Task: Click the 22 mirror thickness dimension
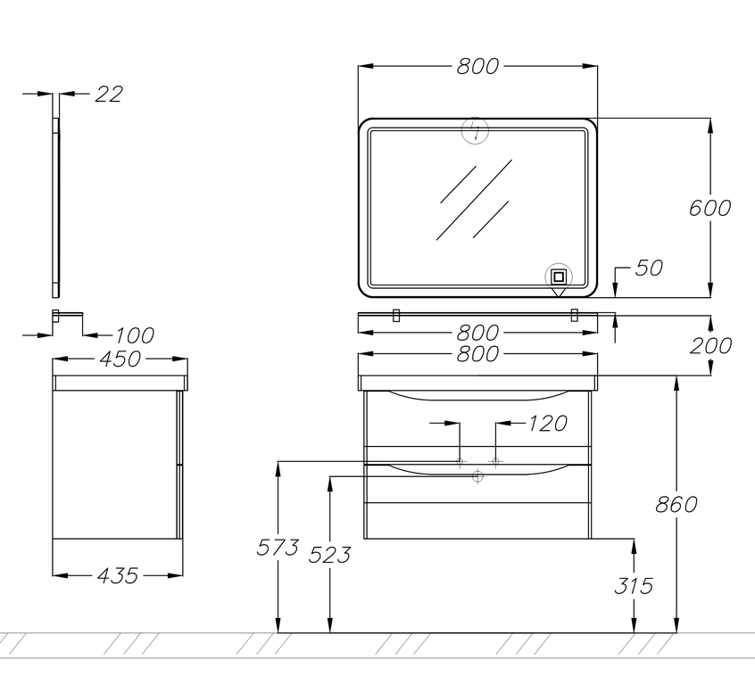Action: (108, 94)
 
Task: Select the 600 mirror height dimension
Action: (709, 208)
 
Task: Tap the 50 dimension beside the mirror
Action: (649, 268)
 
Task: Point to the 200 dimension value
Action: (710, 346)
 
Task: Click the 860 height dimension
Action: (676, 505)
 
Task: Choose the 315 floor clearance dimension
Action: (633, 586)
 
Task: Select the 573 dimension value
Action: (278, 548)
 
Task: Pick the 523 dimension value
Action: (329, 555)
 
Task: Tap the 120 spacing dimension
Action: (548, 424)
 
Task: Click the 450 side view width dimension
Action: (120, 359)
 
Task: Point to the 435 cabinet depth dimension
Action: (118, 575)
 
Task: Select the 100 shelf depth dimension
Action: (135, 335)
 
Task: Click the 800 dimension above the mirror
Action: (477, 66)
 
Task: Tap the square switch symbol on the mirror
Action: (559, 277)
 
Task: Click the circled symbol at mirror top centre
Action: (476, 130)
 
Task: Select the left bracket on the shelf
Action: (396, 316)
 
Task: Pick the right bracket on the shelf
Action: (574, 316)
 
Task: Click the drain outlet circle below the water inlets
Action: (477, 476)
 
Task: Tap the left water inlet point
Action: (460, 462)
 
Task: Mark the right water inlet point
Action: (495, 462)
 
